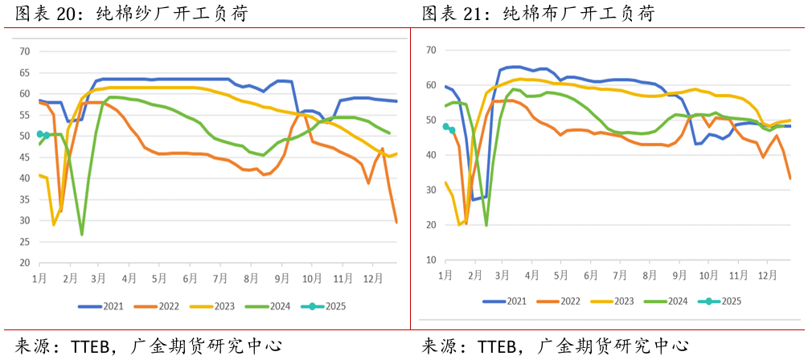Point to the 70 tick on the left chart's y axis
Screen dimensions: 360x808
coord(24,51)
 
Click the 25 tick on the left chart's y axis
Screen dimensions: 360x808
coord(24,242)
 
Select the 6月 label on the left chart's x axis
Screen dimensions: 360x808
coord(190,278)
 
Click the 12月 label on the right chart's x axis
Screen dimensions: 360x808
coord(767,275)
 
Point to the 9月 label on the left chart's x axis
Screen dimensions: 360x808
coord(282,278)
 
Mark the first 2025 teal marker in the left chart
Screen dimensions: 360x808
coord(40,134)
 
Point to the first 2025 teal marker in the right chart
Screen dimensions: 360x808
coord(445,126)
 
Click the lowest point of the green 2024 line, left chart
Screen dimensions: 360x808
coord(82,234)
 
